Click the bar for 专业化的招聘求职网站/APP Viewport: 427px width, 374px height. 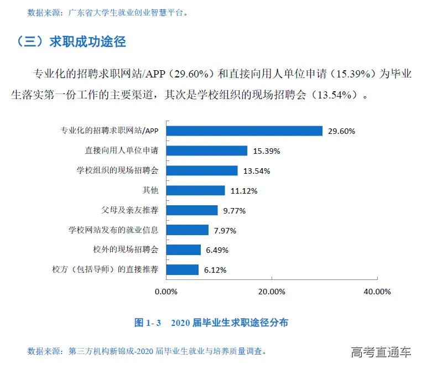pos(244,131)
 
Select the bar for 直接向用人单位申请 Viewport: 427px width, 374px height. pos(206,150)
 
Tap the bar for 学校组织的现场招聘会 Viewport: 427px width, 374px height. pos(201,170)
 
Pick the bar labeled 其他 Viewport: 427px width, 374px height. pos(195,190)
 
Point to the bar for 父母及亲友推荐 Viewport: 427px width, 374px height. pos(191,210)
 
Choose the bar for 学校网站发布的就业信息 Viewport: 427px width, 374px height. pos(187,230)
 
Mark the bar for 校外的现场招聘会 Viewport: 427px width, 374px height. pos(183,250)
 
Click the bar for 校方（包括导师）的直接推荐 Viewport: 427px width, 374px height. pos(182,270)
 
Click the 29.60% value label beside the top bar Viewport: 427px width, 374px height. pos(341,131)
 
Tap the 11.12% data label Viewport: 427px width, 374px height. pos(244,191)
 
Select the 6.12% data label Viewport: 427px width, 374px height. pos(216,271)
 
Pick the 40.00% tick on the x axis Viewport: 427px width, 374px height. pos(377,292)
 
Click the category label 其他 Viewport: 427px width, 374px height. pos(150,190)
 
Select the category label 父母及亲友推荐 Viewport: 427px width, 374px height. pos(130,210)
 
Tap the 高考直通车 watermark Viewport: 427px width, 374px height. pos(381,352)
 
